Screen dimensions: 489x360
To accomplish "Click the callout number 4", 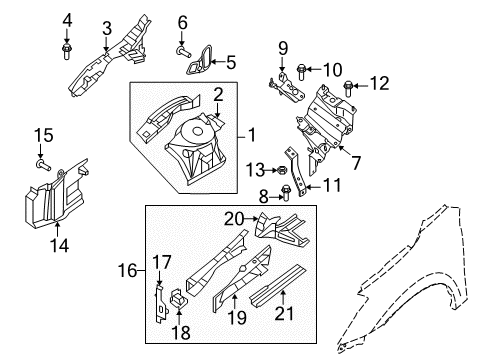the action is (67, 21).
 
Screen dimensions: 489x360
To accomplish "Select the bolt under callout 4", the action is (66, 51).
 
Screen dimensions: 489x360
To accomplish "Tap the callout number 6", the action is (183, 23).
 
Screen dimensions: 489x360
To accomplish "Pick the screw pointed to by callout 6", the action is (183, 52).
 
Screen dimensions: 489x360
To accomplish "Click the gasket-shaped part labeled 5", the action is (200, 60).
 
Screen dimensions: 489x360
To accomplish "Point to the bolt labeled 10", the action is (301, 71).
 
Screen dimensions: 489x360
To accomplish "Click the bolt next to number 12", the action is (348, 88).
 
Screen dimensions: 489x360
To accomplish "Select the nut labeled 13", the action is (282, 171).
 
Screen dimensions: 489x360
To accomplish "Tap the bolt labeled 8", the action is (286, 193).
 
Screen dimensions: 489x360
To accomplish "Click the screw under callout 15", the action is (43, 164).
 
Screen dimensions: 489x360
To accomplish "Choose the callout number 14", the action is (59, 245).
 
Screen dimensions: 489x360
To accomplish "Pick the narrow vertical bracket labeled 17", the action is (161, 303).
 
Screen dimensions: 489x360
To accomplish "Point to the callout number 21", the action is (284, 313).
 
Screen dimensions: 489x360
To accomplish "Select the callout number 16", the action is (127, 270).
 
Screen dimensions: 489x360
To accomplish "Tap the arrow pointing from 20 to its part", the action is (251, 219).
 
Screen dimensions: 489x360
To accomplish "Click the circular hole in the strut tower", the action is (198, 131).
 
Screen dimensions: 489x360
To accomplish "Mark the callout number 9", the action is (283, 48).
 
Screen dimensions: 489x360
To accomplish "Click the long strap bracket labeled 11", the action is (296, 172).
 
